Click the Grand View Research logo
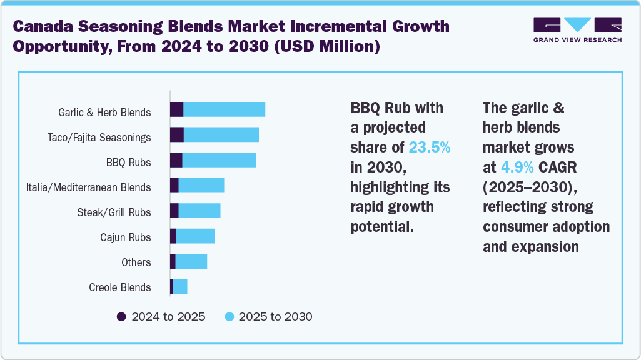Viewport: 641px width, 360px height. (577, 30)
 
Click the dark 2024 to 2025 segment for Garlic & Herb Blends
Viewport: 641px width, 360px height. (176, 109)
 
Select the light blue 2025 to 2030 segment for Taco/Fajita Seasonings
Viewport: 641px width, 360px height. (221, 134)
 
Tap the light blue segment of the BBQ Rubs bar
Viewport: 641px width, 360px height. (219, 160)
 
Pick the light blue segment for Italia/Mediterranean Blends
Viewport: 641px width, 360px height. (201, 185)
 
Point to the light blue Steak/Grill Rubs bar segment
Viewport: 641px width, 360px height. (199, 211)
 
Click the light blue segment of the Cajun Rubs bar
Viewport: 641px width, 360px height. (195, 236)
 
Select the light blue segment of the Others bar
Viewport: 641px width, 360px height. (191, 261)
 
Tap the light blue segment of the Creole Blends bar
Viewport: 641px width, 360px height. (180, 287)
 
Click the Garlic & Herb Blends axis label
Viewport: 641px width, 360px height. (104, 112)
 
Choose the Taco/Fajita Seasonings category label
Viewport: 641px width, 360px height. (99, 137)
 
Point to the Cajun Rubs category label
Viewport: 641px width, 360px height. (125, 237)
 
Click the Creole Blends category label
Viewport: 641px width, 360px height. (119, 287)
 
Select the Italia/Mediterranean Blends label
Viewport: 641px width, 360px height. (88, 187)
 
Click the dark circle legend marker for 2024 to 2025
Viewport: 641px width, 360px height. (121, 317)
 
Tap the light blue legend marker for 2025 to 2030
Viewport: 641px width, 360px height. (228, 317)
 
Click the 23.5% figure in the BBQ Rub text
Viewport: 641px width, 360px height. (429, 147)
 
